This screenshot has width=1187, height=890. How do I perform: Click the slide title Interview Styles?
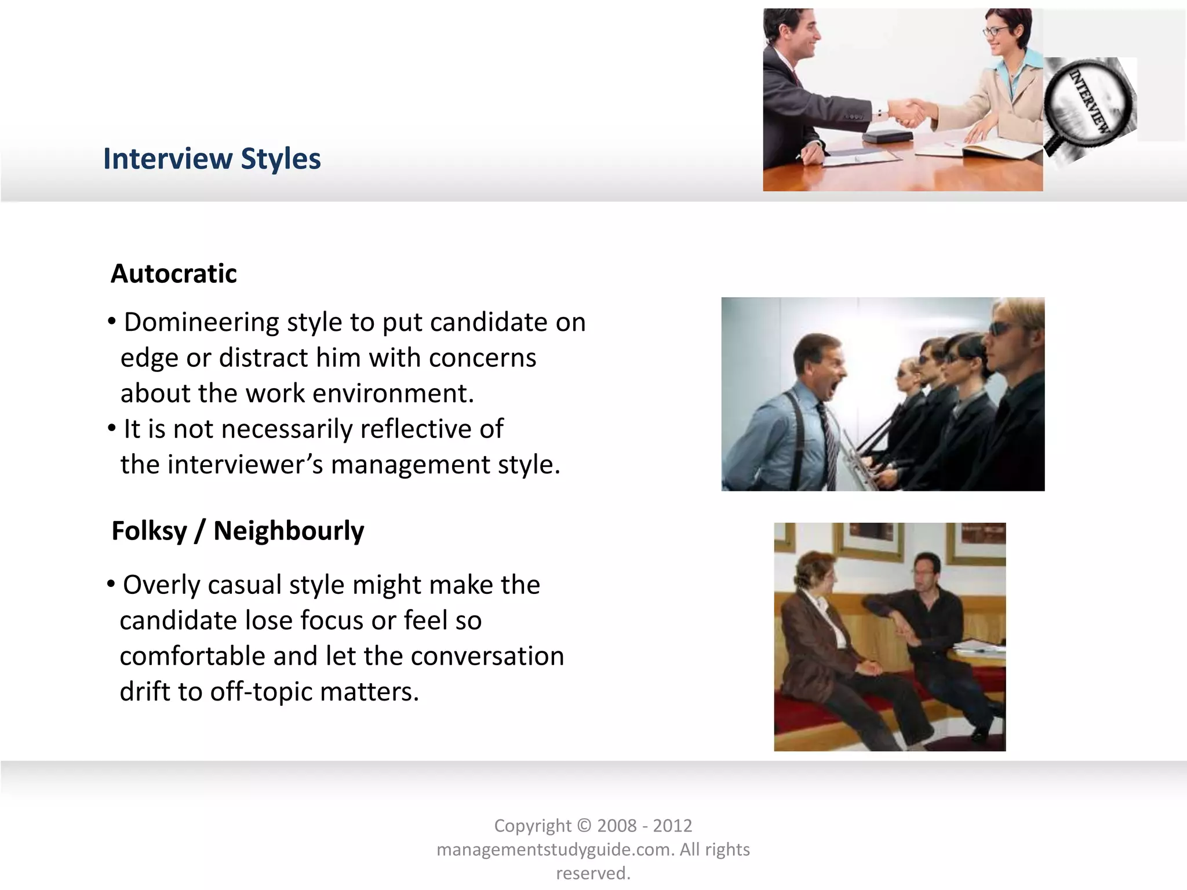click(212, 159)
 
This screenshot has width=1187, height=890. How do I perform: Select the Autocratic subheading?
click(173, 273)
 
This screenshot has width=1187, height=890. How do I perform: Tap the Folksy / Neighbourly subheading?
click(238, 531)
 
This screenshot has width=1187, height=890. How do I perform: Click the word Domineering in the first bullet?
click(201, 322)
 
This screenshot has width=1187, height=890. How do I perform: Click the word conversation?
click(487, 656)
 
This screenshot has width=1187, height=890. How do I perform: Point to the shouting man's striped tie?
click(828, 440)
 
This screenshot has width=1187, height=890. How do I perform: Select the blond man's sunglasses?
click(1001, 329)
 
